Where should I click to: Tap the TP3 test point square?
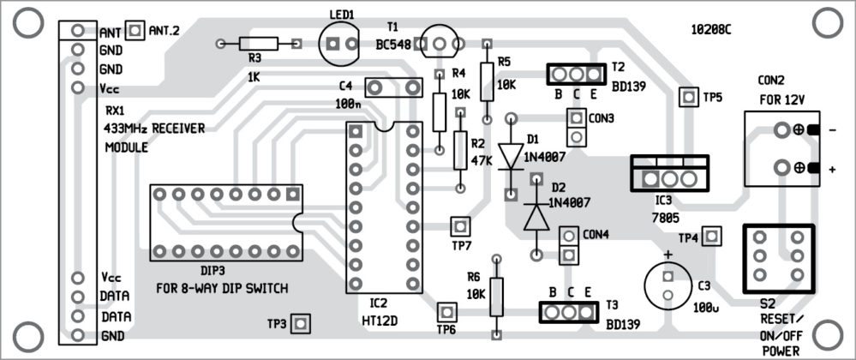point(300,323)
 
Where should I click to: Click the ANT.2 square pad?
point(135,31)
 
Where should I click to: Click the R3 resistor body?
point(259,43)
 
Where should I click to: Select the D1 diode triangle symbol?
point(511,154)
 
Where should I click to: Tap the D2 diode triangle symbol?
point(536,218)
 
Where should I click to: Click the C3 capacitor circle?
point(668,285)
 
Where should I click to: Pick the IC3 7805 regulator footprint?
point(669,177)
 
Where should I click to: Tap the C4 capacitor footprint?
point(394,87)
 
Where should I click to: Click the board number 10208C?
point(711,29)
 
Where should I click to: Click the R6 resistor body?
point(496,296)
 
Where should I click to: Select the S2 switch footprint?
point(776,256)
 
